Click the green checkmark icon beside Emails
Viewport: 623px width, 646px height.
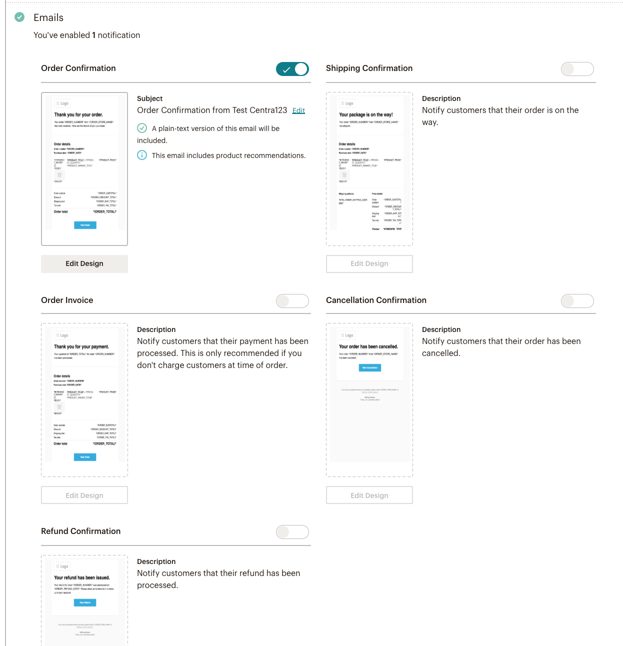click(19, 17)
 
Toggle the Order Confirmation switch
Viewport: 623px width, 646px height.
click(292, 69)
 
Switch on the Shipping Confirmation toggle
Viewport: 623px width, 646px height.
click(577, 69)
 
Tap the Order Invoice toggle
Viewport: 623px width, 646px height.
click(292, 301)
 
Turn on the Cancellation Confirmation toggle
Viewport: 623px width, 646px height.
click(577, 301)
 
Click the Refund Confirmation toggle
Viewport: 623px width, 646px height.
click(292, 532)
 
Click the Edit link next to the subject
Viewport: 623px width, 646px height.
click(298, 110)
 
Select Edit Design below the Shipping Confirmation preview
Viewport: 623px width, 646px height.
click(369, 264)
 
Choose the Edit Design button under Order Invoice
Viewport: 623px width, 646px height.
click(84, 495)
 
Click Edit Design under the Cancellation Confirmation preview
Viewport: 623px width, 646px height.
click(369, 495)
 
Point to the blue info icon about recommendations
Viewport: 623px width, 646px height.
click(142, 155)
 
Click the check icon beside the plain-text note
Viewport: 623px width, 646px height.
click(142, 128)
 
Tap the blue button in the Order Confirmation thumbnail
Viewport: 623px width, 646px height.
click(85, 225)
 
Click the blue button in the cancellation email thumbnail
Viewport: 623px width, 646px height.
click(370, 367)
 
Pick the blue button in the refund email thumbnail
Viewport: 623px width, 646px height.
click(85, 602)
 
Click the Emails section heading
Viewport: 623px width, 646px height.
click(48, 17)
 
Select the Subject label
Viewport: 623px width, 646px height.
click(149, 98)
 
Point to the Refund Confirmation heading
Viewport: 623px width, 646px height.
click(80, 531)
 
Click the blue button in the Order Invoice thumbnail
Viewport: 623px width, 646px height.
click(85, 457)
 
